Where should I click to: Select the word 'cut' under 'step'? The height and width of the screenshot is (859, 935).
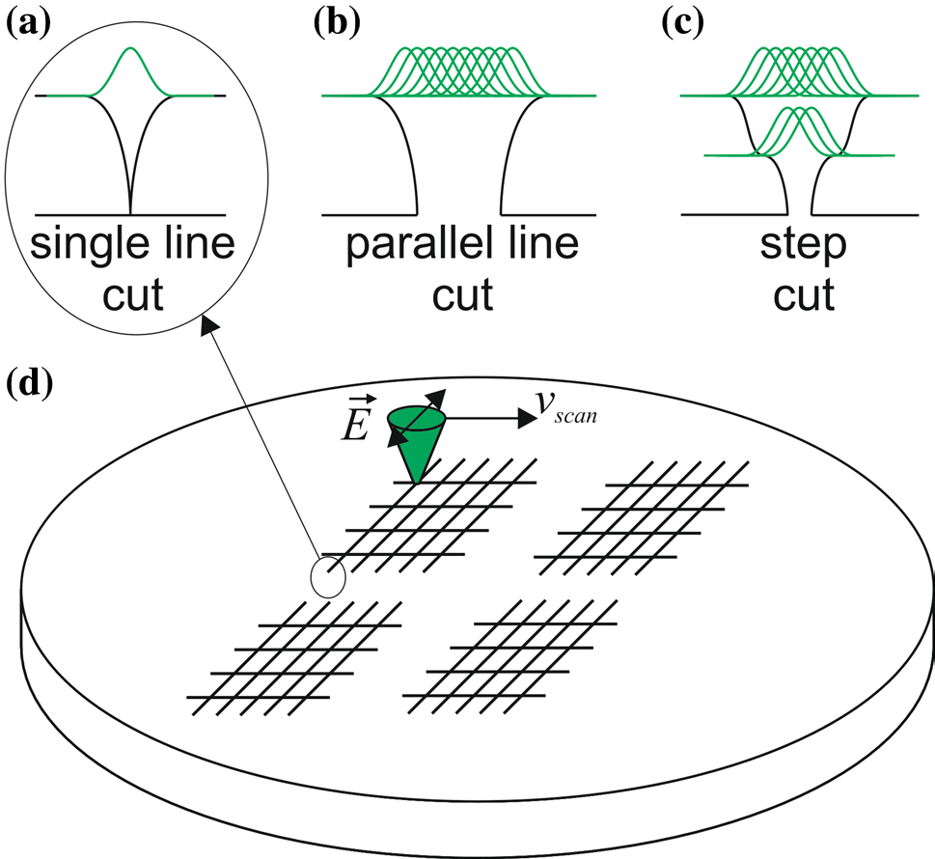click(x=804, y=293)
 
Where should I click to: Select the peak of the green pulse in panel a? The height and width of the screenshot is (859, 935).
click(x=130, y=49)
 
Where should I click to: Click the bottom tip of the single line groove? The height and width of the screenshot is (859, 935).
click(x=130, y=210)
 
